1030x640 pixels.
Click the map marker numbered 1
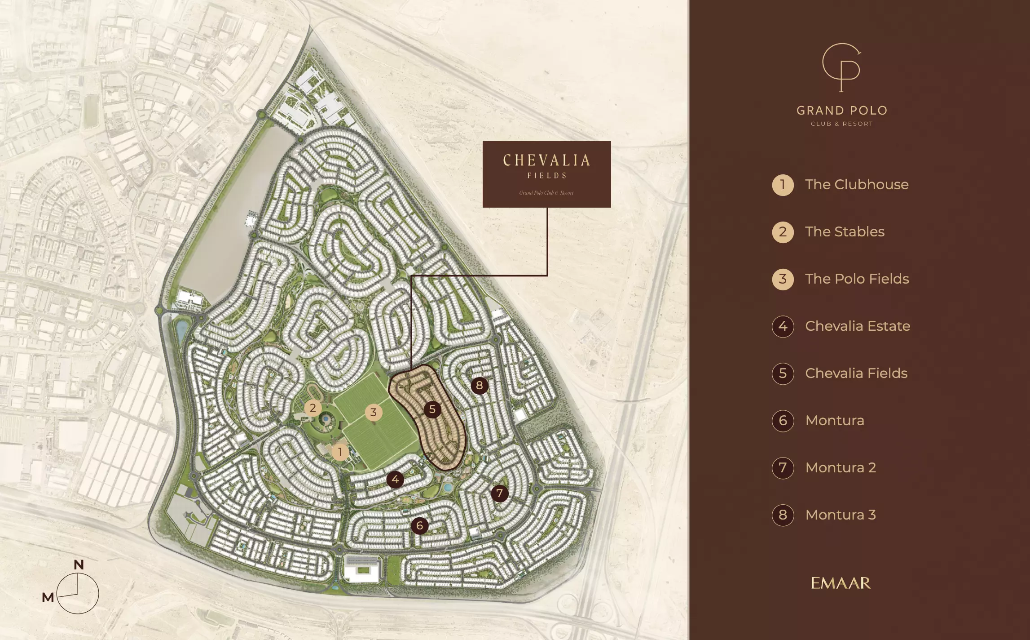[340, 452]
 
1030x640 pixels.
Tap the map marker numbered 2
[313, 408]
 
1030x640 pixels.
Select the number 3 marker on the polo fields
[373, 412]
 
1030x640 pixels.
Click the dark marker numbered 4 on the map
[395, 480]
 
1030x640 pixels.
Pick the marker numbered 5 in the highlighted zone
[432, 409]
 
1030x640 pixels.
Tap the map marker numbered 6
[419, 525]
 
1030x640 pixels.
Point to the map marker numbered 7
[499, 493]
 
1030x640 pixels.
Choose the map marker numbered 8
[479, 385]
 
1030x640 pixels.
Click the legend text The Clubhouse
[856, 185]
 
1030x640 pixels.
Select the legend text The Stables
[845, 232]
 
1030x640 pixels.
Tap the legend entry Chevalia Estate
[857, 326]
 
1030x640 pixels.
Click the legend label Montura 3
[840, 515]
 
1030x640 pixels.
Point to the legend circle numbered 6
[783, 421]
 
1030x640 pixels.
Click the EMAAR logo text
[841, 583]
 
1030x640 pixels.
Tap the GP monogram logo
[841, 67]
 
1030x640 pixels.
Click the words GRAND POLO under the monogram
[842, 111]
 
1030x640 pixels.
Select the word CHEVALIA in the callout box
[546, 160]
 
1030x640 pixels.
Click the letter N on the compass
[79, 565]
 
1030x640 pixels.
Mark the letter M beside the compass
[48, 598]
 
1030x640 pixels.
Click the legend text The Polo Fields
[857, 279]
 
